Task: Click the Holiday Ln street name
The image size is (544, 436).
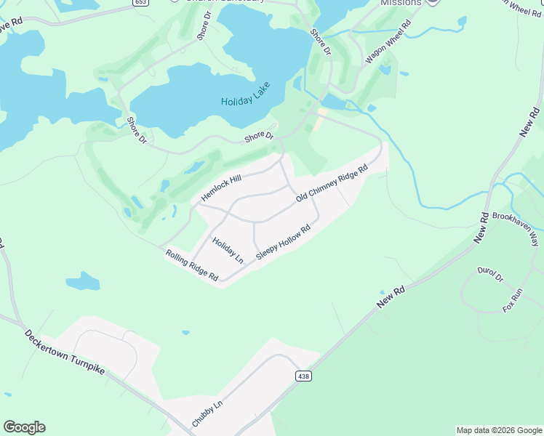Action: (x=228, y=250)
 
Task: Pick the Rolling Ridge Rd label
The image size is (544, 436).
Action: (x=192, y=265)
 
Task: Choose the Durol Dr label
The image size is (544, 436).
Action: (x=490, y=274)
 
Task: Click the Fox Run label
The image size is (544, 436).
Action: (x=513, y=300)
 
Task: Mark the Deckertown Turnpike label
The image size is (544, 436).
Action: (x=65, y=353)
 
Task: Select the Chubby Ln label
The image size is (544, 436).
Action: (x=207, y=413)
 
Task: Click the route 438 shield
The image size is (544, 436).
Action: (x=304, y=376)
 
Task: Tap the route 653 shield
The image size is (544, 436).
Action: (x=141, y=2)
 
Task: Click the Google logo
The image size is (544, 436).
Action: (x=24, y=427)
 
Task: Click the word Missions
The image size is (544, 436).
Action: (x=401, y=3)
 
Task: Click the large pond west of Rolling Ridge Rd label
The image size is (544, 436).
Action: (x=82, y=280)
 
